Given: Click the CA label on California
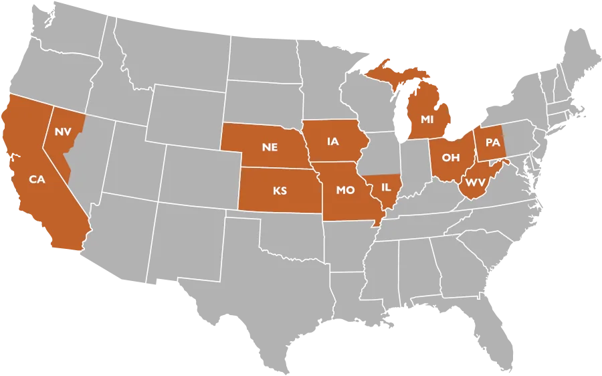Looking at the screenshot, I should pyautogui.click(x=37, y=179).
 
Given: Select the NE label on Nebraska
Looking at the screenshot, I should pyautogui.click(x=270, y=147).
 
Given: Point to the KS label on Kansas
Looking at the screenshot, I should pyautogui.click(x=280, y=191).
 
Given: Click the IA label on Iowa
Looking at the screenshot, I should pyautogui.click(x=333, y=141).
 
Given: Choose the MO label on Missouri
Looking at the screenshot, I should pyautogui.click(x=345, y=190).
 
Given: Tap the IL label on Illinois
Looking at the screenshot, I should pyautogui.click(x=386, y=188).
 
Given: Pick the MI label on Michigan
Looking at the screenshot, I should pyautogui.click(x=427, y=119).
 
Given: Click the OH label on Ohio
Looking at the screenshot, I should pyautogui.click(x=451, y=157).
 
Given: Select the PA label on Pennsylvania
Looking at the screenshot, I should pyautogui.click(x=493, y=143).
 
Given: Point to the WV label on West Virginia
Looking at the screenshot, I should pyautogui.click(x=476, y=183).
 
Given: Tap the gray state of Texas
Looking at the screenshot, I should pyautogui.click(x=268, y=294).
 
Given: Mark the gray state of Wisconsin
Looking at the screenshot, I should pyautogui.click(x=365, y=107).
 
